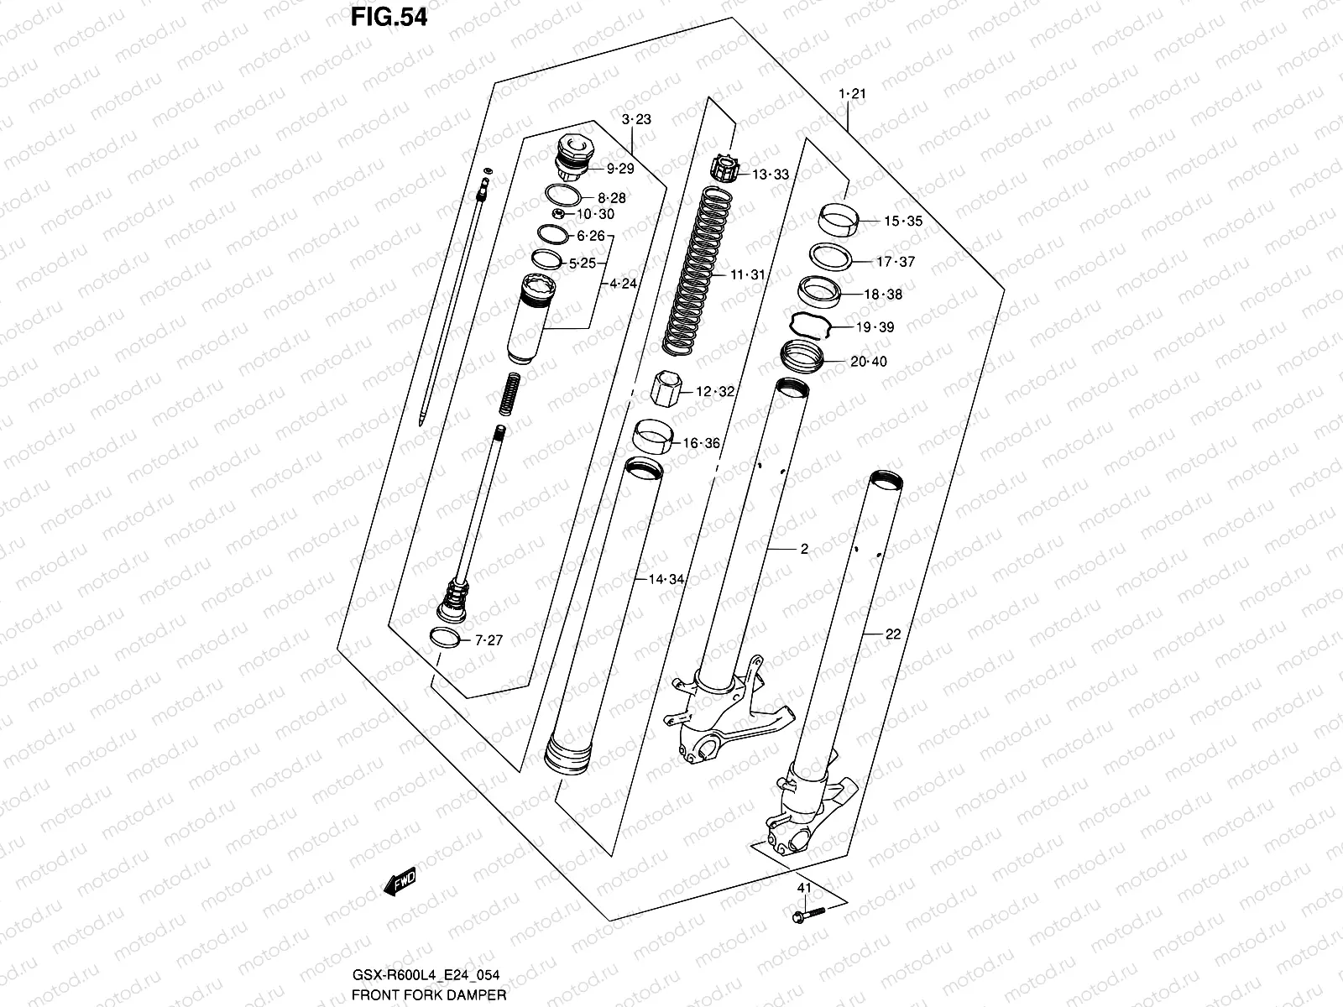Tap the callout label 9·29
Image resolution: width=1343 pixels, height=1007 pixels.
coord(620,169)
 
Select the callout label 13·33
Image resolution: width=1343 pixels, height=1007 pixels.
coord(770,175)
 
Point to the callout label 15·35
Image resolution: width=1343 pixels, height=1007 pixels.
coord(902,222)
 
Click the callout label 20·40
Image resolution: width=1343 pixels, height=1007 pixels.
coord(868,362)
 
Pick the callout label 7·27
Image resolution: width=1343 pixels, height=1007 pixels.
coord(489,640)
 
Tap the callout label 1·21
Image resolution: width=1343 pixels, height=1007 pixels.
coord(852,94)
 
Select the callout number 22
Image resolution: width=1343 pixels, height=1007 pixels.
coord(892,634)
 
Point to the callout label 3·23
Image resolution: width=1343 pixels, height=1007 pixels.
coord(637,120)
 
